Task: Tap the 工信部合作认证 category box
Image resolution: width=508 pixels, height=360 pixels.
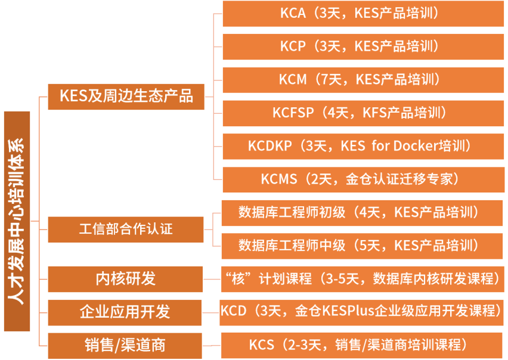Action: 126,229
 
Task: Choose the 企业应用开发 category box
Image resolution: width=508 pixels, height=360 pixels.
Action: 126,312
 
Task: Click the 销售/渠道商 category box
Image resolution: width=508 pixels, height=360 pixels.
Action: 126,345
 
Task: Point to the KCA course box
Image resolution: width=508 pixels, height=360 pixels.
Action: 363,14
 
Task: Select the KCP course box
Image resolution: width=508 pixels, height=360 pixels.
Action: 363,46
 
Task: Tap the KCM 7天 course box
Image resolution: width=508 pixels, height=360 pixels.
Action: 363,79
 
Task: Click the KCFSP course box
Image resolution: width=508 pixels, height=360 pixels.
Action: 363,113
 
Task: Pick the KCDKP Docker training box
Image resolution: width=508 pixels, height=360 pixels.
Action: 363,146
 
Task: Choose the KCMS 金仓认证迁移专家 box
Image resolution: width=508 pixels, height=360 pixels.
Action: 363,179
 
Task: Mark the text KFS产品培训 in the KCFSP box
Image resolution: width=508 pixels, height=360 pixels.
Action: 405,113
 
